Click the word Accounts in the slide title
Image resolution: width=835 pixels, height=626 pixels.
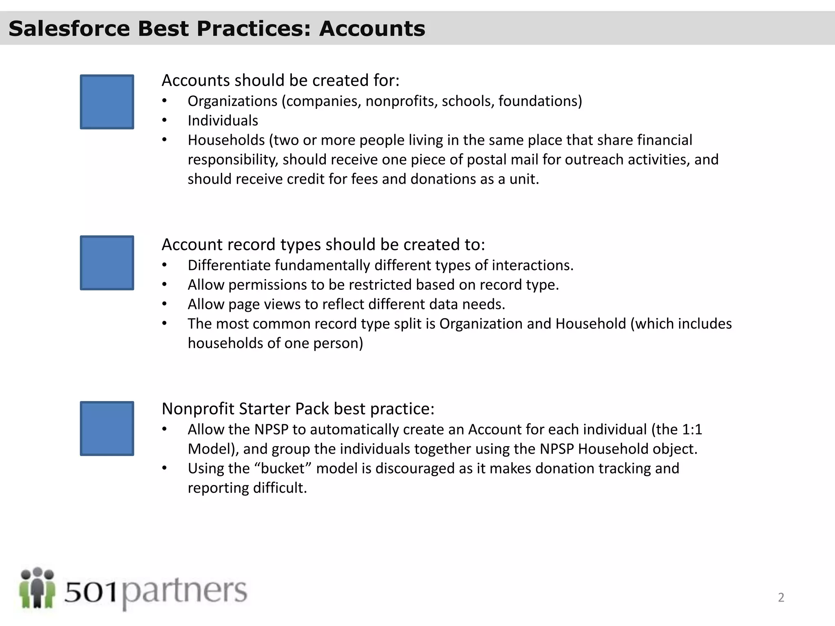372,29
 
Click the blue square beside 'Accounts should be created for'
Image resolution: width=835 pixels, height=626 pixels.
107,102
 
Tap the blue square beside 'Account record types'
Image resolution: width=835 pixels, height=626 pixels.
107,263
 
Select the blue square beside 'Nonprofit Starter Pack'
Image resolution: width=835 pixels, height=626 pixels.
107,428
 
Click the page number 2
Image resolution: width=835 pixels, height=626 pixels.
781,597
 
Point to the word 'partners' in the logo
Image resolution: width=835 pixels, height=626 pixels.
184,591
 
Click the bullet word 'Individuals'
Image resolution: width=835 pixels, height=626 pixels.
223,121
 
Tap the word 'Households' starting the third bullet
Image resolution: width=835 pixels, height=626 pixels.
226,140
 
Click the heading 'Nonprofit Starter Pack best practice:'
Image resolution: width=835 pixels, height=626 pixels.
298,409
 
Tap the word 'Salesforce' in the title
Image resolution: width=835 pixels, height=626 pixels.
69,29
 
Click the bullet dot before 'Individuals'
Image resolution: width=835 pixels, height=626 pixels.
164,121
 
